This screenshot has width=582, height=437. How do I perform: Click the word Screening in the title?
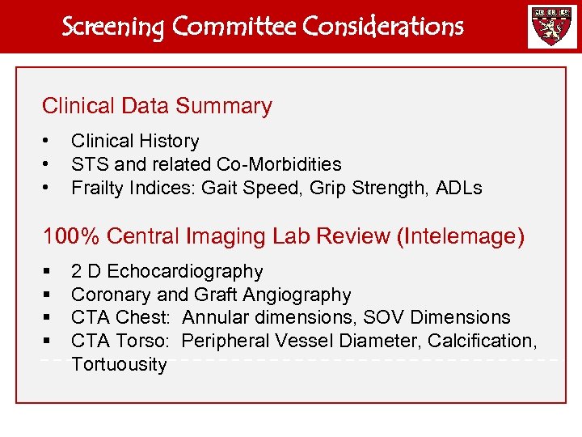pos(114,27)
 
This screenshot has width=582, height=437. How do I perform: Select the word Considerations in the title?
pos(383,27)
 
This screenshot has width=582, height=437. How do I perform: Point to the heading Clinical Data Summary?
pos(157,106)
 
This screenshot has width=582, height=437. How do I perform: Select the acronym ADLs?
pos(459,189)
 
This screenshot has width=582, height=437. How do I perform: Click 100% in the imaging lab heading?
pos(71,236)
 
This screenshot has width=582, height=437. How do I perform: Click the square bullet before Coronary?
pos(48,295)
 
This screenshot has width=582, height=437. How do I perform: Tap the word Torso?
pos(150,341)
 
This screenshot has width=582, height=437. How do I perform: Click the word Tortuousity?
pos(119,364)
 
